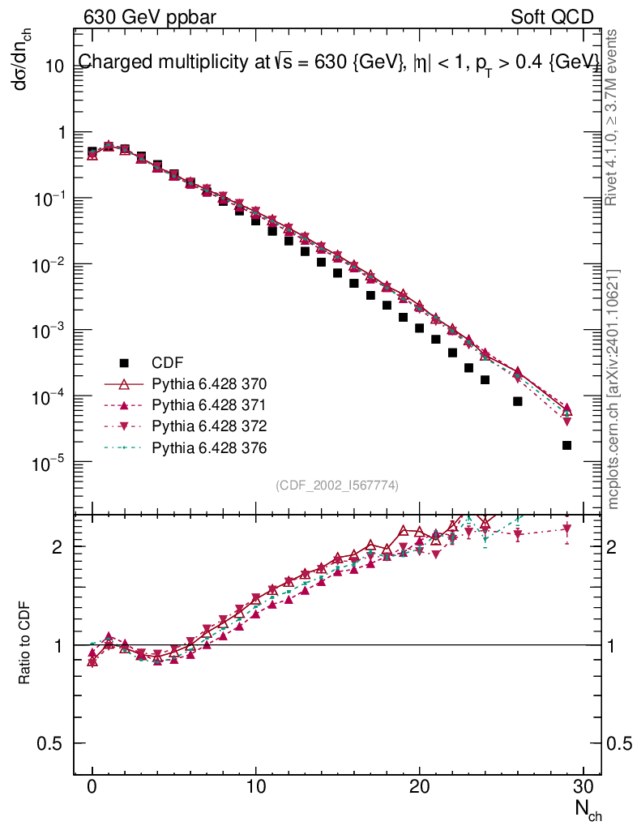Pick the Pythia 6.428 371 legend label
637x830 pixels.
[209, 405]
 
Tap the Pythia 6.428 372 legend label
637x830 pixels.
[209, 426]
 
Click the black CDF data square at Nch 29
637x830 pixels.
[566, 445]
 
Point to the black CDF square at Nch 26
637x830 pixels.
[517, 401]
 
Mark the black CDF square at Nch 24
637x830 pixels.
[485, 379]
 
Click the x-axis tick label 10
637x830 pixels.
[256, 786]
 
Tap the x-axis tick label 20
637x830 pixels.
[420, 786]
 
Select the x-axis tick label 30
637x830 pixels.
[583, 786]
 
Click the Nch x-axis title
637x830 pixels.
[588, 810]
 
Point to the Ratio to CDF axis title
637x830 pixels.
[24, 643]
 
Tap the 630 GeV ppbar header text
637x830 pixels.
[150, 18]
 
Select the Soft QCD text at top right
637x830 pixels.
[552, 18]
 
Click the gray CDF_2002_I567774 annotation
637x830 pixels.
[337, 485]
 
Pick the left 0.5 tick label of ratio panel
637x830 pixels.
[49, 743]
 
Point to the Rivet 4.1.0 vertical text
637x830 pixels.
[611, 118]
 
